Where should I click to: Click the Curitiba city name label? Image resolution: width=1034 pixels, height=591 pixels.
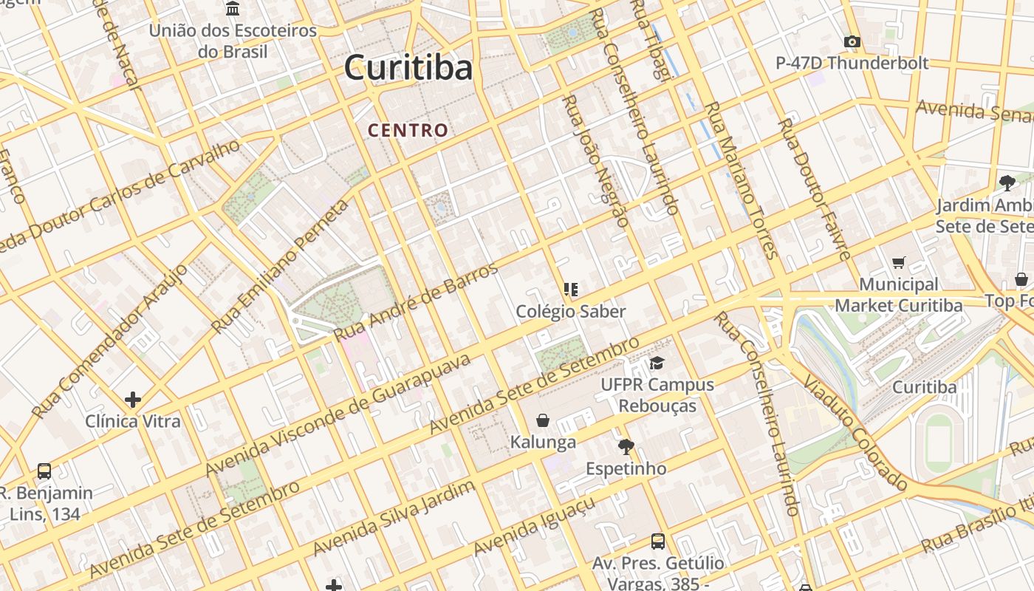(x=408, y=68)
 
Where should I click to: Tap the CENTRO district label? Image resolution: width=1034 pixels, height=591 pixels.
(x=408, y=131)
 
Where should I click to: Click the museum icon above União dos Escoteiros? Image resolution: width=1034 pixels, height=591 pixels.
(x=233, y=9)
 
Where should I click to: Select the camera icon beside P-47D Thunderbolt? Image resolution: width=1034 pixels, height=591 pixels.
(x=852, y=41)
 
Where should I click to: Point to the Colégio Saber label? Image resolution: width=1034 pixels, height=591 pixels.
(x=571, y=311)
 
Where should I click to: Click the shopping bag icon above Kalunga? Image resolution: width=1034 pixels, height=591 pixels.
(x=543, y=420)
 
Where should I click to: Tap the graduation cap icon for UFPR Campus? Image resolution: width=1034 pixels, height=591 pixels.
(x=657, y=363)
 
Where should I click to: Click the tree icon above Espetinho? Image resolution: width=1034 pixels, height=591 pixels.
(x=626, y=446)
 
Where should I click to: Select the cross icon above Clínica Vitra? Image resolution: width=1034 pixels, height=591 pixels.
(x=133, y=400)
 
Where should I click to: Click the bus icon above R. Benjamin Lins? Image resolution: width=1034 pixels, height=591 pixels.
(x=44, y=471)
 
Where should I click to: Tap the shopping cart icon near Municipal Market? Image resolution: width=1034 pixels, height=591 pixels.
(x=899, y=262)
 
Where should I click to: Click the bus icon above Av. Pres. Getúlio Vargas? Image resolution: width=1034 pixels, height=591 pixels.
(x=658, y=541)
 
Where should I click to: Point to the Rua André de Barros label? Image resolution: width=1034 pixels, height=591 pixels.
(x=417, y=302)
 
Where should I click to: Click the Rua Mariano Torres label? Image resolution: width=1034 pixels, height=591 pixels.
(x=742, y=180)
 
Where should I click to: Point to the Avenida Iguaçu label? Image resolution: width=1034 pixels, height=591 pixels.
(x=534, y=527)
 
